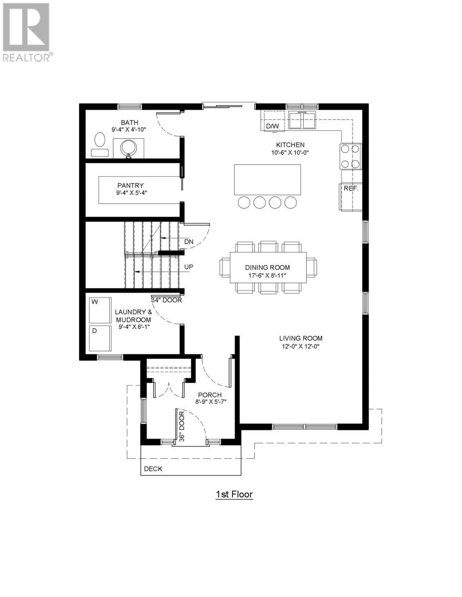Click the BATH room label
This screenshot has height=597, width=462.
(129, 122)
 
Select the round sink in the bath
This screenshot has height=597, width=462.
(129, 148)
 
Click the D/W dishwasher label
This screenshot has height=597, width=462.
(272, 126)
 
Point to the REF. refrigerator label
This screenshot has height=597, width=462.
(350, 189)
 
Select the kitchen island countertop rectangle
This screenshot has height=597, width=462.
(267, 180)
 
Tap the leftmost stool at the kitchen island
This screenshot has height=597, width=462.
(244, 202)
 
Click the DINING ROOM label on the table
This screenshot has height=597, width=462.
(267, 267)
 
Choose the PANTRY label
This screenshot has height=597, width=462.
(130, 186)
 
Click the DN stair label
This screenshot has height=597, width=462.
(189, 242)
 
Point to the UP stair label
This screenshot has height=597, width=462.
(189, 267)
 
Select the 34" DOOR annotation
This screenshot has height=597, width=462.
(167, 300)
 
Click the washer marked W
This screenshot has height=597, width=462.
(100, 310)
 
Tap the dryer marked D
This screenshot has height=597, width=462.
(100, 338)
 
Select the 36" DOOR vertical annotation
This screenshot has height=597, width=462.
(182, 426)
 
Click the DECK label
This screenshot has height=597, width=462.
(153, 469)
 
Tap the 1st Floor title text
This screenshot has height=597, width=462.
(234, 495)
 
